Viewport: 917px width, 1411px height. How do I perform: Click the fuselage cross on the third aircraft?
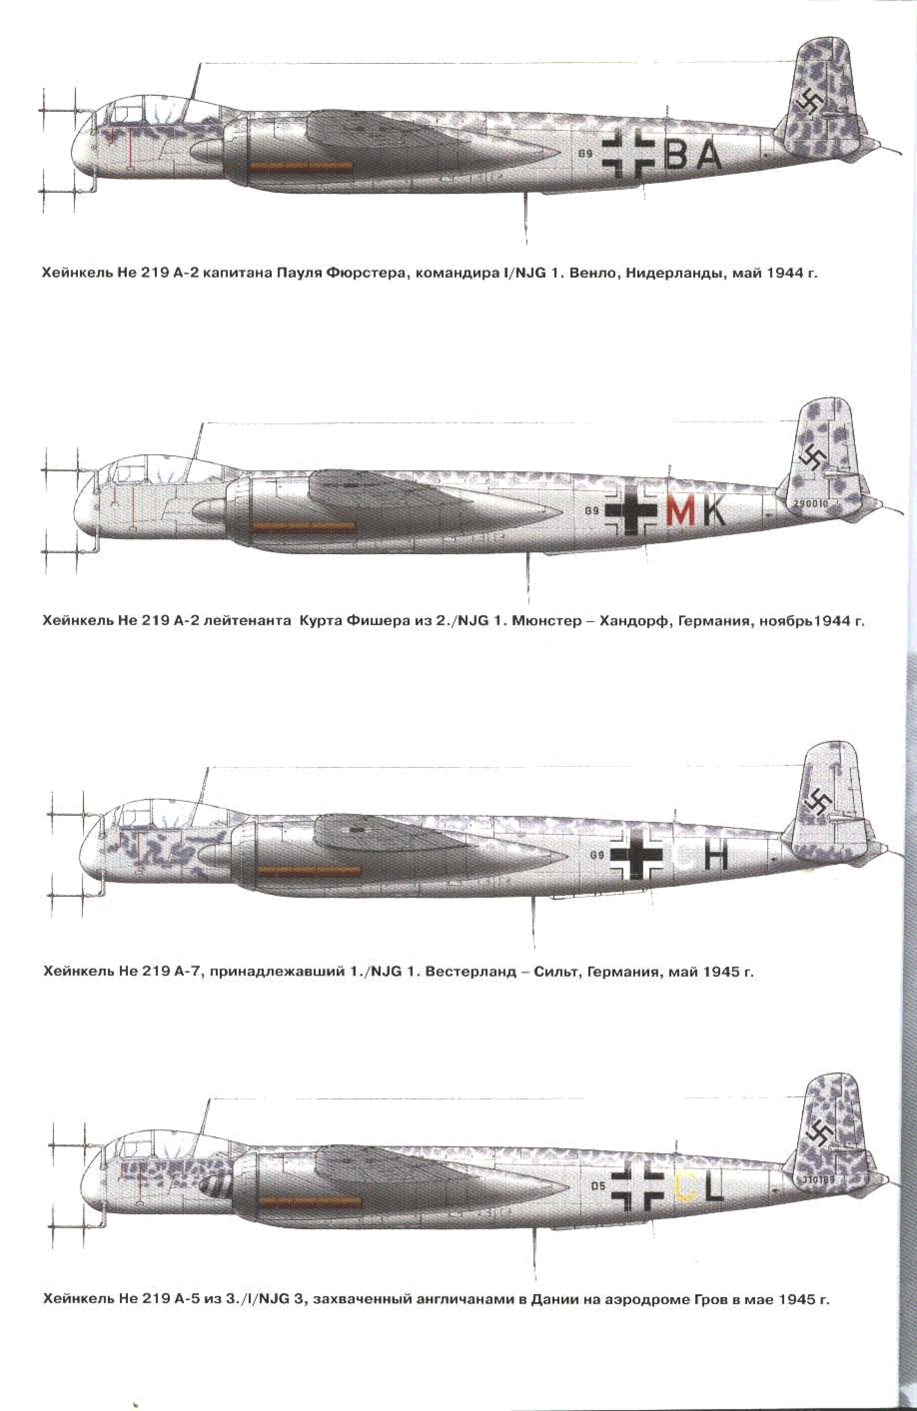(636, 854)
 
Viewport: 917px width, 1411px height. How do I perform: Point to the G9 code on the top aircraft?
(585, 153)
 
